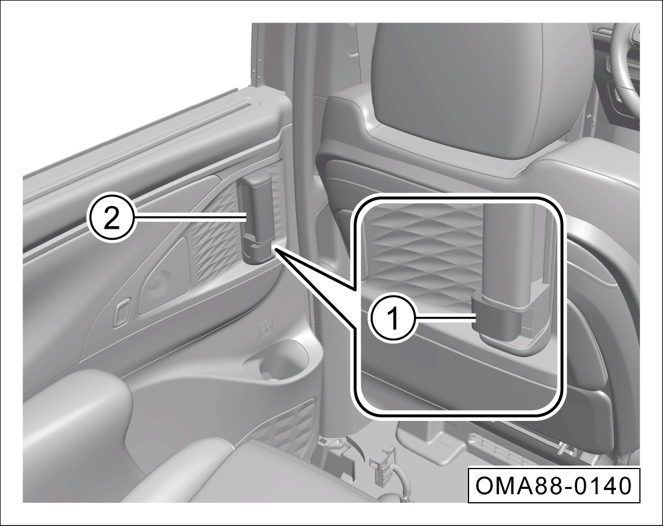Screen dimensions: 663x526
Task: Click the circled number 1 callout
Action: pyautogui.click(x=394, y=320)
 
